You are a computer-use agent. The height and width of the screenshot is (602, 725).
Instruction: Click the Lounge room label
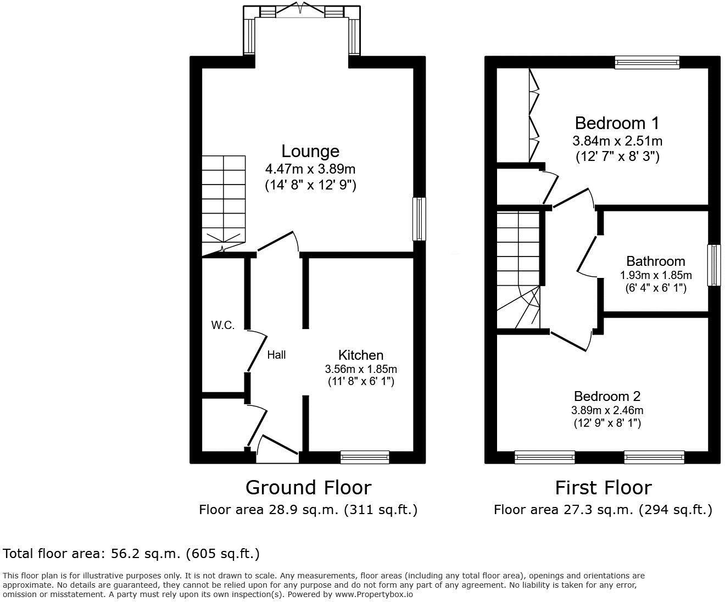point(310,151)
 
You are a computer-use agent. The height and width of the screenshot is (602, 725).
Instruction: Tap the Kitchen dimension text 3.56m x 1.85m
point(360,369)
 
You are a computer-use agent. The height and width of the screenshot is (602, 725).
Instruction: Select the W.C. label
point(223,325)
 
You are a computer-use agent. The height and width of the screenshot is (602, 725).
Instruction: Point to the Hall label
point(276,355)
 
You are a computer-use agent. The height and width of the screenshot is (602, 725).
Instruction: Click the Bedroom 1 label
point(617,122)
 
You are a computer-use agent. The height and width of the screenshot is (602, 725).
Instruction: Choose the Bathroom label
point(655,261)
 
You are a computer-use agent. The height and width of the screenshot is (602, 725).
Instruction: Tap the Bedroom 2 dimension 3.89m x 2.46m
point(607,410)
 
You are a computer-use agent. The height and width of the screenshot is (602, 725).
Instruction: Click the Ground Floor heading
point(308,488)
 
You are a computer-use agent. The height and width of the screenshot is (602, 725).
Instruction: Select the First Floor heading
point(603,488)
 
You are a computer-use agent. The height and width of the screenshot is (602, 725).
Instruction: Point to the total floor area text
point(131,553)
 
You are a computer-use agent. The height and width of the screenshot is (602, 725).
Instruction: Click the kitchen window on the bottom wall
point(365,456)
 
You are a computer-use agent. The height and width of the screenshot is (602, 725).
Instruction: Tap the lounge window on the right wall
point(419,219)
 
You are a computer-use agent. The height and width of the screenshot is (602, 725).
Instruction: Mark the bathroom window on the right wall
point(713,265)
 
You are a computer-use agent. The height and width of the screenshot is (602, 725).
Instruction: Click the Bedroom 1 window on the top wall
point(647,62)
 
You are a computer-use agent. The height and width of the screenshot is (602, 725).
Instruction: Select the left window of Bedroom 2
point(544,457)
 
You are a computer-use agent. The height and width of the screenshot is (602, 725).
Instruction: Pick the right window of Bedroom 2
point(654,457)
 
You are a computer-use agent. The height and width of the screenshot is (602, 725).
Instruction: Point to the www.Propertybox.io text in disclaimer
point(373,594)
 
